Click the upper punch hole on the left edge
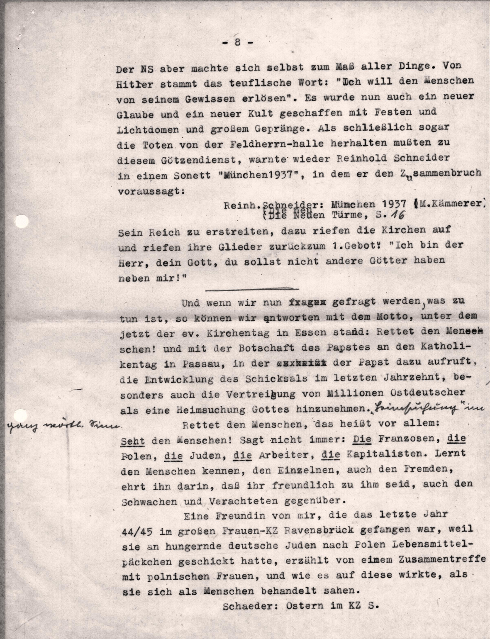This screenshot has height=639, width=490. coord(22,221)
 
